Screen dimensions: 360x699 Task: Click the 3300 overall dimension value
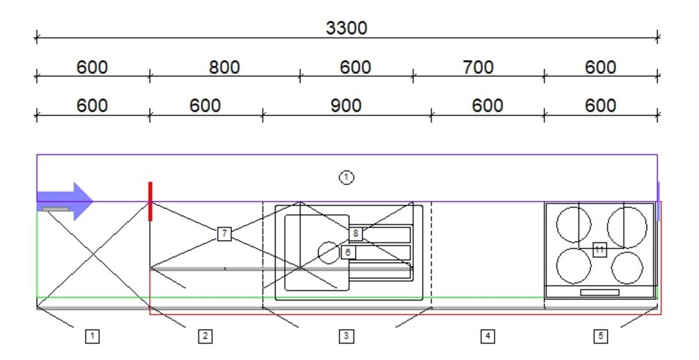tap(347, 27)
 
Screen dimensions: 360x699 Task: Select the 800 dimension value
tap(224, 68)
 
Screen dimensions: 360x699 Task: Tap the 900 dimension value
tap(346, 105)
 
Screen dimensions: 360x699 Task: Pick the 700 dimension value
tap(478, 68)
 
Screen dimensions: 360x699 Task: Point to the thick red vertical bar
tap(150, 201)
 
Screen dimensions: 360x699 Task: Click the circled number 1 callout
tap(347, 177)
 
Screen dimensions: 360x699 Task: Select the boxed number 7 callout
tap(224, 234)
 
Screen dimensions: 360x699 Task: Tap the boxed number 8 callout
tap(356, 234)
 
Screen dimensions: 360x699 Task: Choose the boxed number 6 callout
tap(347, 252)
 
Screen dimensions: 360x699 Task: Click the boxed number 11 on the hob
tap(600, 249)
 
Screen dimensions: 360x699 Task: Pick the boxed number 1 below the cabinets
tap(92, 336)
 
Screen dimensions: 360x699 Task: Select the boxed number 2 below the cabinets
tap(204, 336)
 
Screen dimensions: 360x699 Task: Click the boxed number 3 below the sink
tap(346, 336)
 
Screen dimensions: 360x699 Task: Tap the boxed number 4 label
tap(487, 336)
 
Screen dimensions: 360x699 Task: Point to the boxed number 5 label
tap(600, 336)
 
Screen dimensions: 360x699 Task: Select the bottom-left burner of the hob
tap(574, 266)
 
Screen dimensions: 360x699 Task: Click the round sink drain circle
tap(329, 252)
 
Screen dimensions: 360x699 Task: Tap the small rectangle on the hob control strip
tap(599, 292)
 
